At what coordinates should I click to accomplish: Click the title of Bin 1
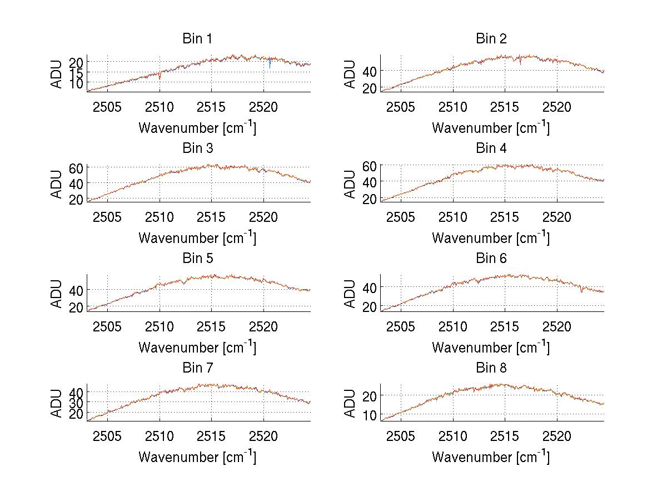coord(197,39)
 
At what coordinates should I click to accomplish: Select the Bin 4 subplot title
coord(491,148)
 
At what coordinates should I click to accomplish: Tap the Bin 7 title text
coord(197,368)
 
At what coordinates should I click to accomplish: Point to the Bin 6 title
coord(491,259)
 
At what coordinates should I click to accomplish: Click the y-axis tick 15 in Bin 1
coord(77,72)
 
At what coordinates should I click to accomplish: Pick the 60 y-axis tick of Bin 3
coord(77,167)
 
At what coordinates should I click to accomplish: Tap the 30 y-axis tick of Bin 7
coord(77,402)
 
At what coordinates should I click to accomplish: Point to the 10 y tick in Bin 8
coord(370,415)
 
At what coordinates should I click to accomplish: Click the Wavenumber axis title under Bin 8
coord(491,457)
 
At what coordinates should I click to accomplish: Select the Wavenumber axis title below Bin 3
coord(197,237)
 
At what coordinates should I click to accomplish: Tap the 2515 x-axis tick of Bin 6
coord(505,326)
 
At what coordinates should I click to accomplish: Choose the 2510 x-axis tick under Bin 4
coord(453,216)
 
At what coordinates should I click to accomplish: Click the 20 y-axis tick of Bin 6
coord(370,306)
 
